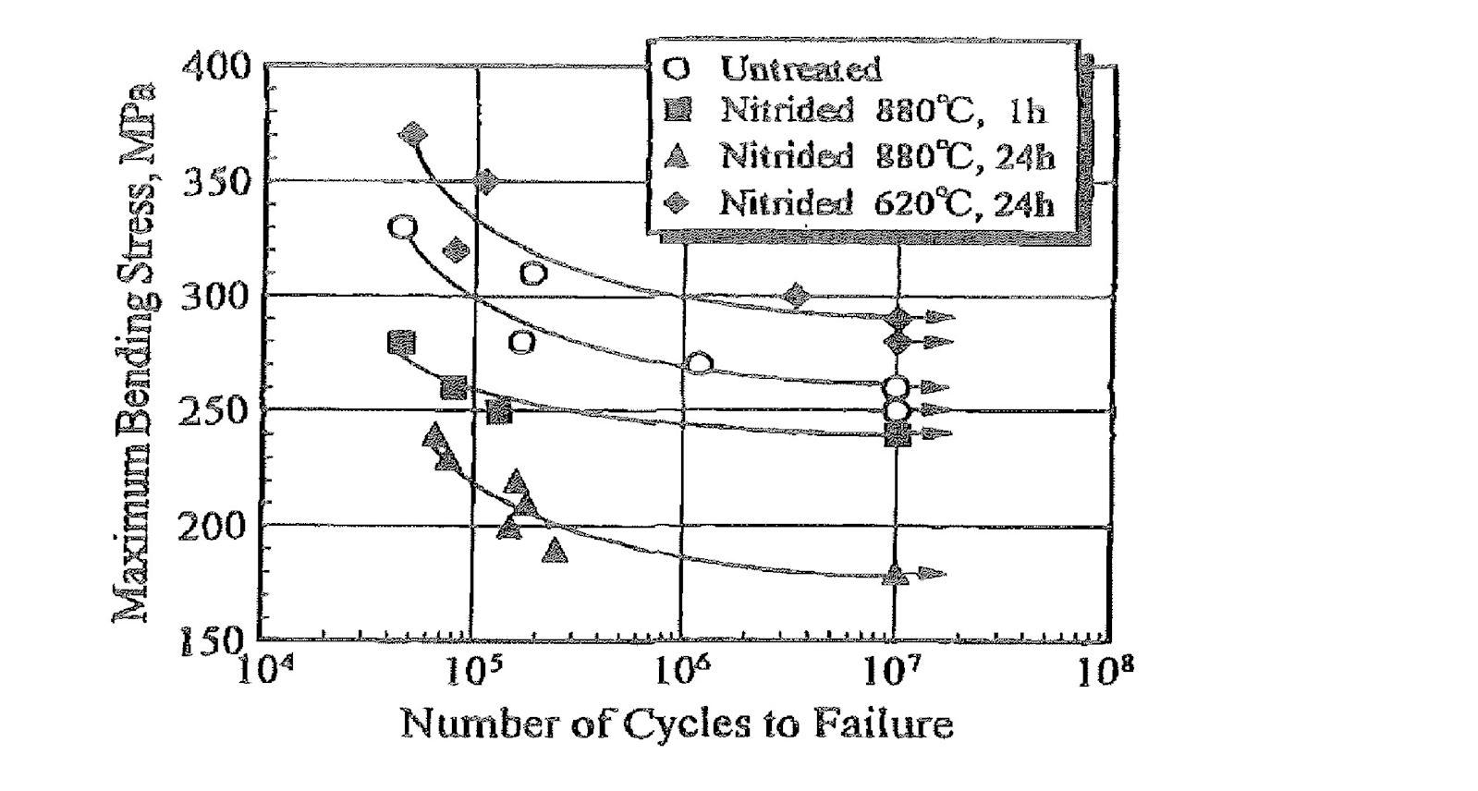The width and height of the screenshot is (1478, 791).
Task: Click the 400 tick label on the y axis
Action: coord(215,67)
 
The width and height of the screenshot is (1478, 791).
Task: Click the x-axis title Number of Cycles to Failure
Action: coord(677,724)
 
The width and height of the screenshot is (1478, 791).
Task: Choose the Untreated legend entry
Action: coord(800,68)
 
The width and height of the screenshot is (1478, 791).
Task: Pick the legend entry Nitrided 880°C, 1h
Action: coord(883,111)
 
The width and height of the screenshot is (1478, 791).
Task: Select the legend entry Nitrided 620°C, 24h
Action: coord(886,202)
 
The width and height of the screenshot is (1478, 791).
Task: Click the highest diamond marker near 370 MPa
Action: coord(414,134)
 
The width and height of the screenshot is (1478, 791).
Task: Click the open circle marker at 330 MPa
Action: coord(403,227)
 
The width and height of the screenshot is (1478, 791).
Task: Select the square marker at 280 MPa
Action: coord(401,343)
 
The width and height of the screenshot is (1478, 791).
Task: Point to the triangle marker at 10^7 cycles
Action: coord(895,575)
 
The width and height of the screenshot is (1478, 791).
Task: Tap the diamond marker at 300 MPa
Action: coord(797,297)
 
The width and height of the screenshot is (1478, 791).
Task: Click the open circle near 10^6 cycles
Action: coord(700,363)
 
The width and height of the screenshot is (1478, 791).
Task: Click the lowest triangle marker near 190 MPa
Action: coord(556,552)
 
